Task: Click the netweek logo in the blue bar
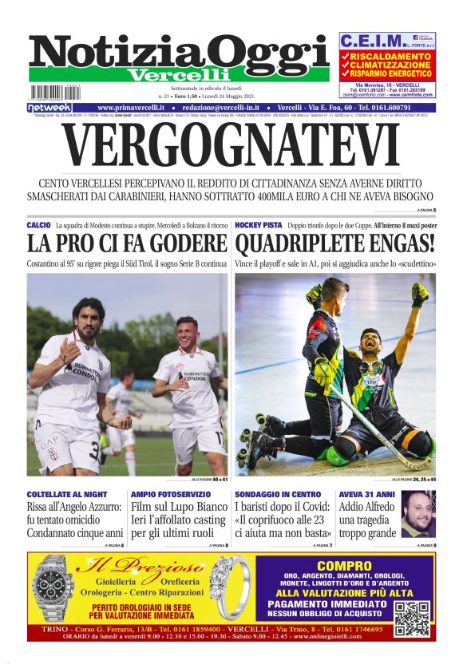coord(49,107)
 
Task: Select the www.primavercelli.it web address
coord(131,107)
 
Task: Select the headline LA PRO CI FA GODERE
coord(127,243)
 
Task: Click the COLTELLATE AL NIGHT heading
coord(67,495)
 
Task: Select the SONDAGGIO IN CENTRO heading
coord(278,495)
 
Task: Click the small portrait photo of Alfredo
coord(417,515)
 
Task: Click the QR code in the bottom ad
coord(411,619)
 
